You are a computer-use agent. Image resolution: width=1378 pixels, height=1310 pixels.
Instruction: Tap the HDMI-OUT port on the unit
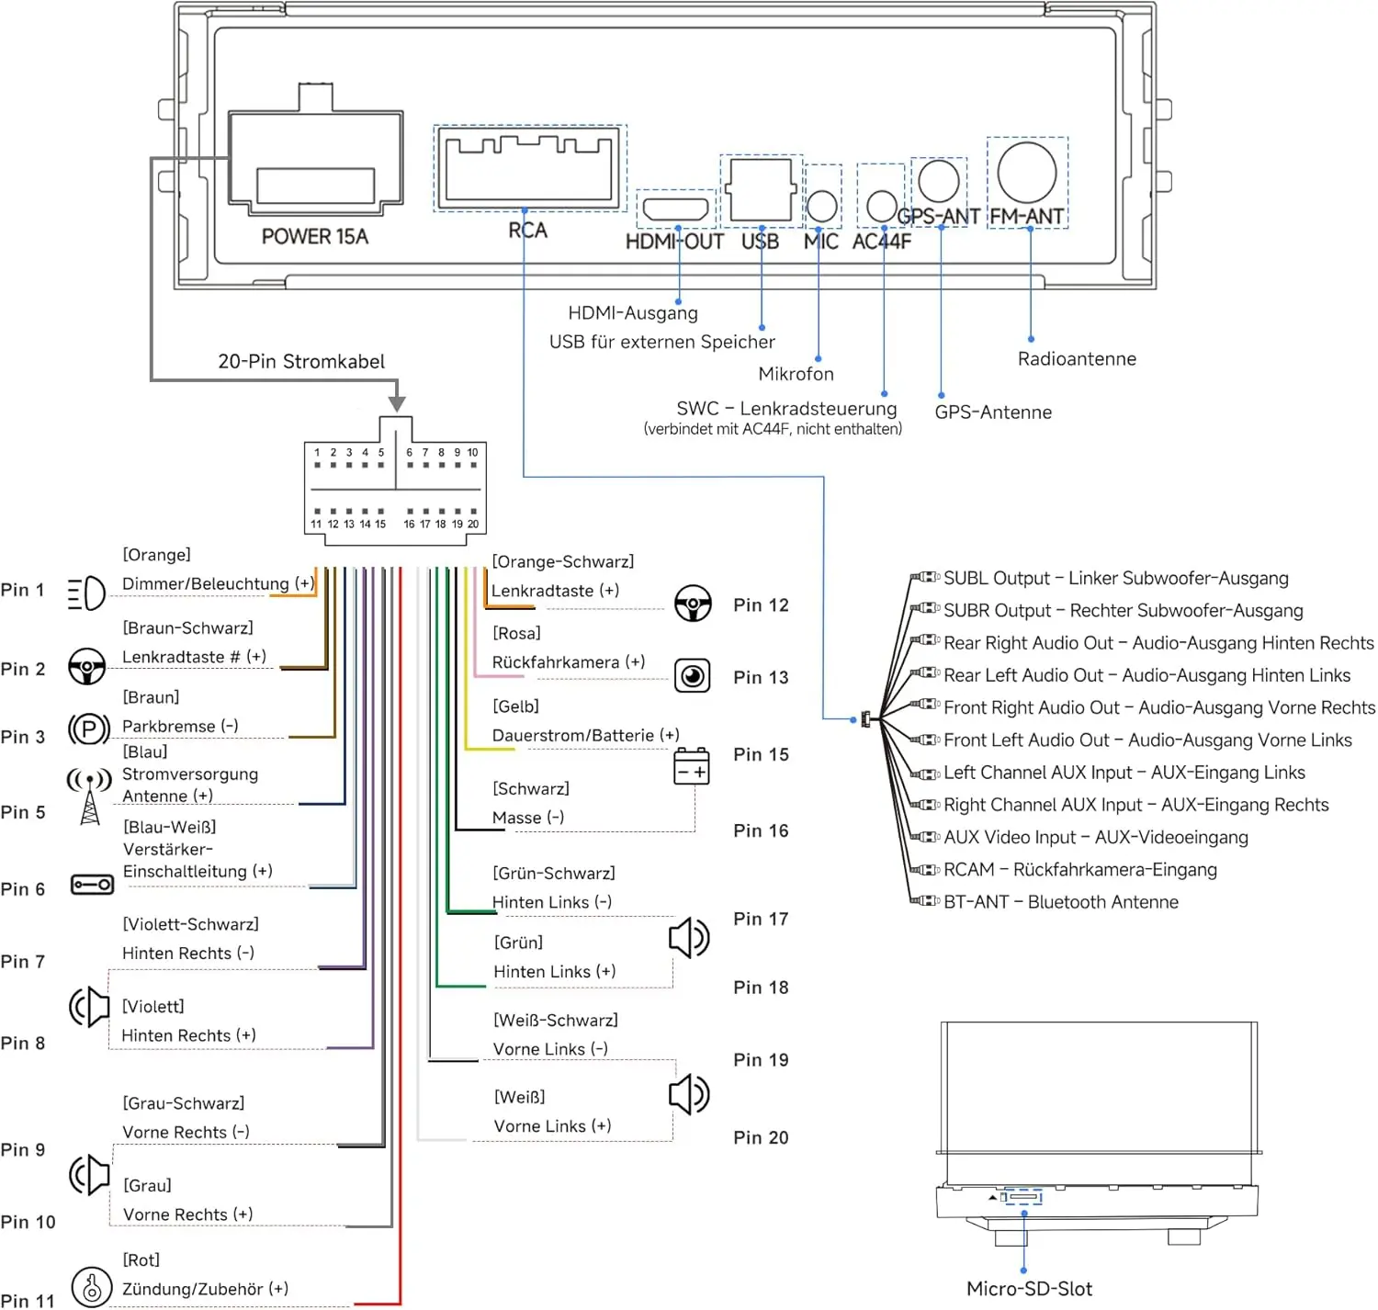(675, 209)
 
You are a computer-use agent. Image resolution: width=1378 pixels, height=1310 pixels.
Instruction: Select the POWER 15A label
(315, 236)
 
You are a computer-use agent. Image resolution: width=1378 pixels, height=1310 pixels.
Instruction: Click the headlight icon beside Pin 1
(87, 593)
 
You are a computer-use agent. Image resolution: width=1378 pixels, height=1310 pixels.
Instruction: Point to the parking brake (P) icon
(89, 729)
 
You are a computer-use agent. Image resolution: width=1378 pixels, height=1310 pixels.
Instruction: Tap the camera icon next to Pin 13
(692, 676)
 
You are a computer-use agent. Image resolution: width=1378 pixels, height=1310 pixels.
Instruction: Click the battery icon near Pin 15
(691, 766)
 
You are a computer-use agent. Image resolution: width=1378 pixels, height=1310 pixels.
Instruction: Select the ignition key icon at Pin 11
(92, 1288)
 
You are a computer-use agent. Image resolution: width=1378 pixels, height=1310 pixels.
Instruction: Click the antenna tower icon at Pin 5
(89, 796)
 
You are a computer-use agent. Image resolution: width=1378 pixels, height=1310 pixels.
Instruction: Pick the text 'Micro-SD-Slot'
(1029, 1288)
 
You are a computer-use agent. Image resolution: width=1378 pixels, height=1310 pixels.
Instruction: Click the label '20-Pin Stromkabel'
(301, 361)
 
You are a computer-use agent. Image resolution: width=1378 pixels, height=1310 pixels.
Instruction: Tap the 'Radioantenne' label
(1077, 359)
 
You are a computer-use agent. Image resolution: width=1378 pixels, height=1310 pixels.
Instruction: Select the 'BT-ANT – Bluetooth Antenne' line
(1060, 901)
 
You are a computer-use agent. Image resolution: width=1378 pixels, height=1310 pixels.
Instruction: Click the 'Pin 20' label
(761, 1137)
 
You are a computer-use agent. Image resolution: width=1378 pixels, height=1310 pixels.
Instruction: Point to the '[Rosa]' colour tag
(516, 633)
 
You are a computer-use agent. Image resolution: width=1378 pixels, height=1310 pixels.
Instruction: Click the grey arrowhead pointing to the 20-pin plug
(397, 403)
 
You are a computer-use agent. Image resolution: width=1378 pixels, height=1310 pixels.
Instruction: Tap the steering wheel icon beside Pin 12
(693, 604)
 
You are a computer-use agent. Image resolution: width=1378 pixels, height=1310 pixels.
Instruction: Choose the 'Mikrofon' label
(796, 374)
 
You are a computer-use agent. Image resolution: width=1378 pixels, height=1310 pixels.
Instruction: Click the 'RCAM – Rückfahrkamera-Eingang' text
(1080, 869)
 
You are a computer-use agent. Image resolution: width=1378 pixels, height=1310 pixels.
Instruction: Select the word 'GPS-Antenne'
(992, 412)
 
